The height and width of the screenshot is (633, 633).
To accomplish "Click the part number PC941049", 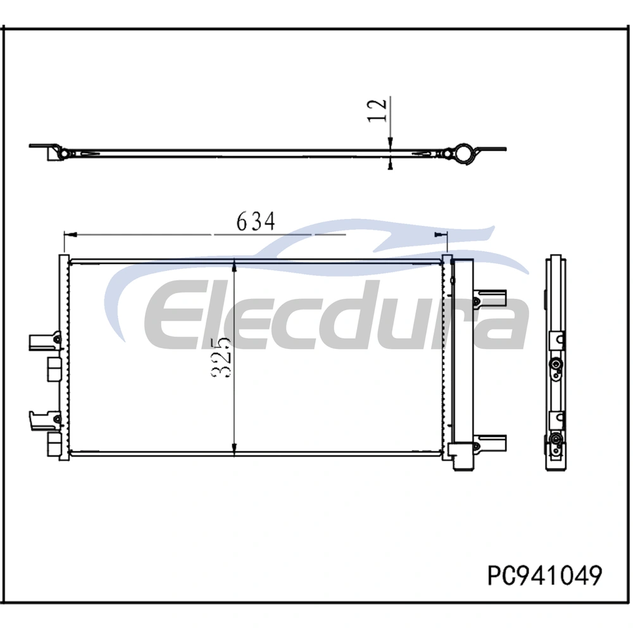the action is point(544,575).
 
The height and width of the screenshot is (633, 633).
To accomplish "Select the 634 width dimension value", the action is point(256,221).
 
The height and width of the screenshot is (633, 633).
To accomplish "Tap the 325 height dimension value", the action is point(221,357).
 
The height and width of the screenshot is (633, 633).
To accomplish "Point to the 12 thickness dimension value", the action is point(377,110).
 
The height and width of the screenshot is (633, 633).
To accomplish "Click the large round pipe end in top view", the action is point(463,153).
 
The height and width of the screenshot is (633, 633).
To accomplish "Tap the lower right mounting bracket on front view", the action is point(490,443).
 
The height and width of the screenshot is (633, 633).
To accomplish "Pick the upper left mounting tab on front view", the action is point(44,341).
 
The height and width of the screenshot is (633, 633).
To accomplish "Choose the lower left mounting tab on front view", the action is point(44,420).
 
